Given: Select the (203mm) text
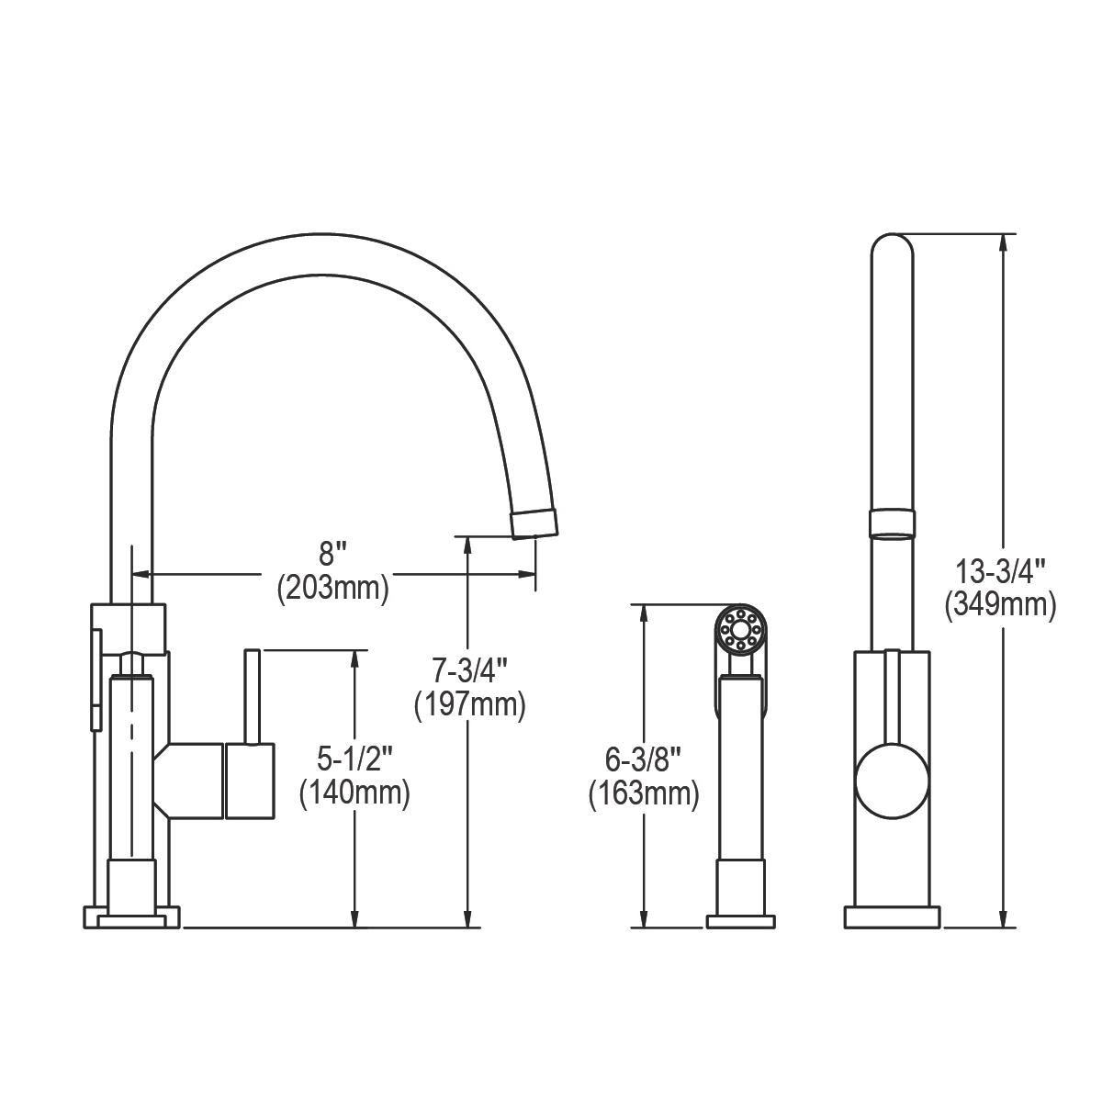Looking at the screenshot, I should (x=332, y=588).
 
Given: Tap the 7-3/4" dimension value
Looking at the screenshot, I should (x=469, y=671).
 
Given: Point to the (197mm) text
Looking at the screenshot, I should (x=469, y=704).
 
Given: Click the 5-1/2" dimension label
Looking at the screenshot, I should (x=354, y=759).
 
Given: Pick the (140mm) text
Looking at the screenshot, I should (x=354, y=792).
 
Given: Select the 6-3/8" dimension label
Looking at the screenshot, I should (x=644, y=759).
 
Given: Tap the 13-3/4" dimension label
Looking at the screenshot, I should (x=1001, y=571).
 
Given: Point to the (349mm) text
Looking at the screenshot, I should (x=1001, y=604).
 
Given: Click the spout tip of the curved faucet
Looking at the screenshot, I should (x=534, y=522).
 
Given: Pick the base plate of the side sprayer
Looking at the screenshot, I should (x=740, y=920).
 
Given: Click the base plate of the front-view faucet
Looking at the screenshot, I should (x=893, y=917).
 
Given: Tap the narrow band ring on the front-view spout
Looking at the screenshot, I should (x=892, y=522).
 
